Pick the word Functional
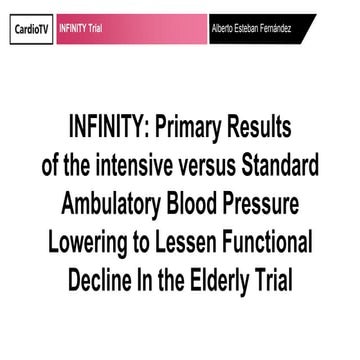(276, 245)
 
